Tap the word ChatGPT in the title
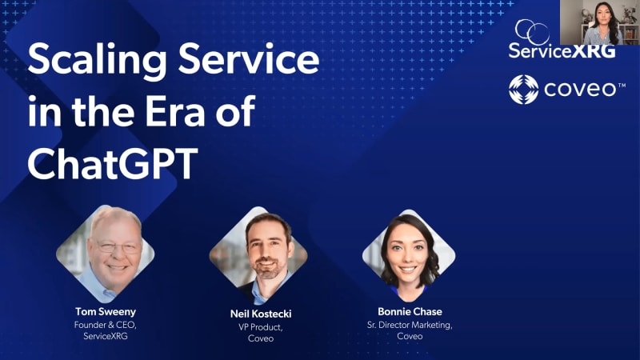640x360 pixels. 113,163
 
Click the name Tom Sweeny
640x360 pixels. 106,312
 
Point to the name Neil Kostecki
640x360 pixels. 261,314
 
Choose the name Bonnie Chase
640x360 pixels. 410,312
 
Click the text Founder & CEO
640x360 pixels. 106,326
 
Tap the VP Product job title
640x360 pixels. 261,327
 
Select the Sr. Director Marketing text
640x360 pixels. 410,326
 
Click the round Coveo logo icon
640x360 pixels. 524,90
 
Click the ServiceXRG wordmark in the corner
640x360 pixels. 562,51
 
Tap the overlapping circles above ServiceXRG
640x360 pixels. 532,32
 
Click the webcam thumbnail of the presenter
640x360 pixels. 599,22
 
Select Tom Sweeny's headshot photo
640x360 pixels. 106,254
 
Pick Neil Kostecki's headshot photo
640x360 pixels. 258,255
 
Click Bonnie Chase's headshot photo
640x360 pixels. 409,255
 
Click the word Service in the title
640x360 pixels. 249,59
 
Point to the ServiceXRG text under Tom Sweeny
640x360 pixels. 106,336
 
